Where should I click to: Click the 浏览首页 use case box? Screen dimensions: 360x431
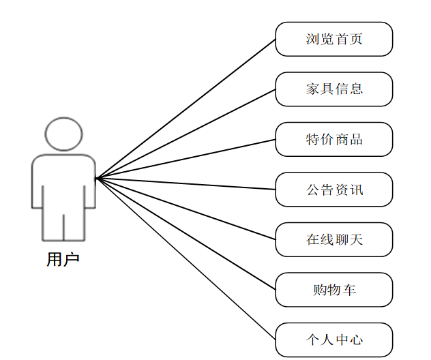tap(334, 39)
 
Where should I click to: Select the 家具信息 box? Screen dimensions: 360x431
tap(334, 89)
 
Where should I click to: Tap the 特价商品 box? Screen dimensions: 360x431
tap(334, 140)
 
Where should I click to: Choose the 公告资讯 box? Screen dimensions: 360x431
tap(334, 190)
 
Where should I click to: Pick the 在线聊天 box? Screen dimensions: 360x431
tap(334, 240)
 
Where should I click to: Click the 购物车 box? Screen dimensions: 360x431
tap(334, 290)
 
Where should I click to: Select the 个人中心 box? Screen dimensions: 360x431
tap(334, 340)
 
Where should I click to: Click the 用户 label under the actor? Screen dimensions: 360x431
tap(63, 260)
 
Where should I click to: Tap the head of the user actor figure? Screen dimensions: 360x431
tap(63, 134)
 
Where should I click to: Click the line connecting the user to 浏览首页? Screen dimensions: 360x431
tap(185, 108)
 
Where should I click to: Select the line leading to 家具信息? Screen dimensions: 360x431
tap(185, 134)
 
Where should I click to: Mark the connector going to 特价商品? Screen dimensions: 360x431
tap(185, 159)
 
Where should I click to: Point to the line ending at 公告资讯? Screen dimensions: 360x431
tap(185, 184)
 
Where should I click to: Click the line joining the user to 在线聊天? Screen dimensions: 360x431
tap(185, 209)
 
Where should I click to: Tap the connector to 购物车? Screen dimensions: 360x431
tap(185, 234)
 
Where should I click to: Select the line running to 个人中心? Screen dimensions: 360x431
tap(185, 259)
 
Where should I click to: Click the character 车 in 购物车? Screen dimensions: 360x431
tap(349, 290)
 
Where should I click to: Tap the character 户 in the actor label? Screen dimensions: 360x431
tap(72, 260)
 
